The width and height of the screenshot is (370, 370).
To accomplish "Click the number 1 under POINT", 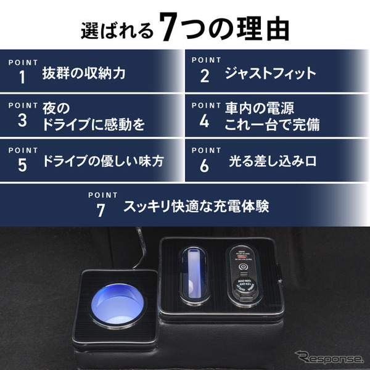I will click(x=23, y=76).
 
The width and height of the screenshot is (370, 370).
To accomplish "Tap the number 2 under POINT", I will click(x=205, y=76).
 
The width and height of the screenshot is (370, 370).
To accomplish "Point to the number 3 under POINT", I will click(x=23, y=121).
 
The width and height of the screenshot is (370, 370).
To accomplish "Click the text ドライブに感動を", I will click(x=94, y=125).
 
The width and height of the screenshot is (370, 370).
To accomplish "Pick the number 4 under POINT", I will click(x=205, y=121).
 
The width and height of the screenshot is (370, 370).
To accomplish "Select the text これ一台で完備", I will click(x=268, y=125).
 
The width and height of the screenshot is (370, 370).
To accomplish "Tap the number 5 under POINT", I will click(x=23, y=165).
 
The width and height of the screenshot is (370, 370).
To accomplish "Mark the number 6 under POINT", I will click(x=205, y=165).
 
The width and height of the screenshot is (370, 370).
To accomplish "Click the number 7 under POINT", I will click(x=101, y=210).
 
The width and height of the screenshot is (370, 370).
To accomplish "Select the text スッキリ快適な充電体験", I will click(x=196, y=206).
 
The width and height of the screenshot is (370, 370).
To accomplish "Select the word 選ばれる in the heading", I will click(x=117, y=30).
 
